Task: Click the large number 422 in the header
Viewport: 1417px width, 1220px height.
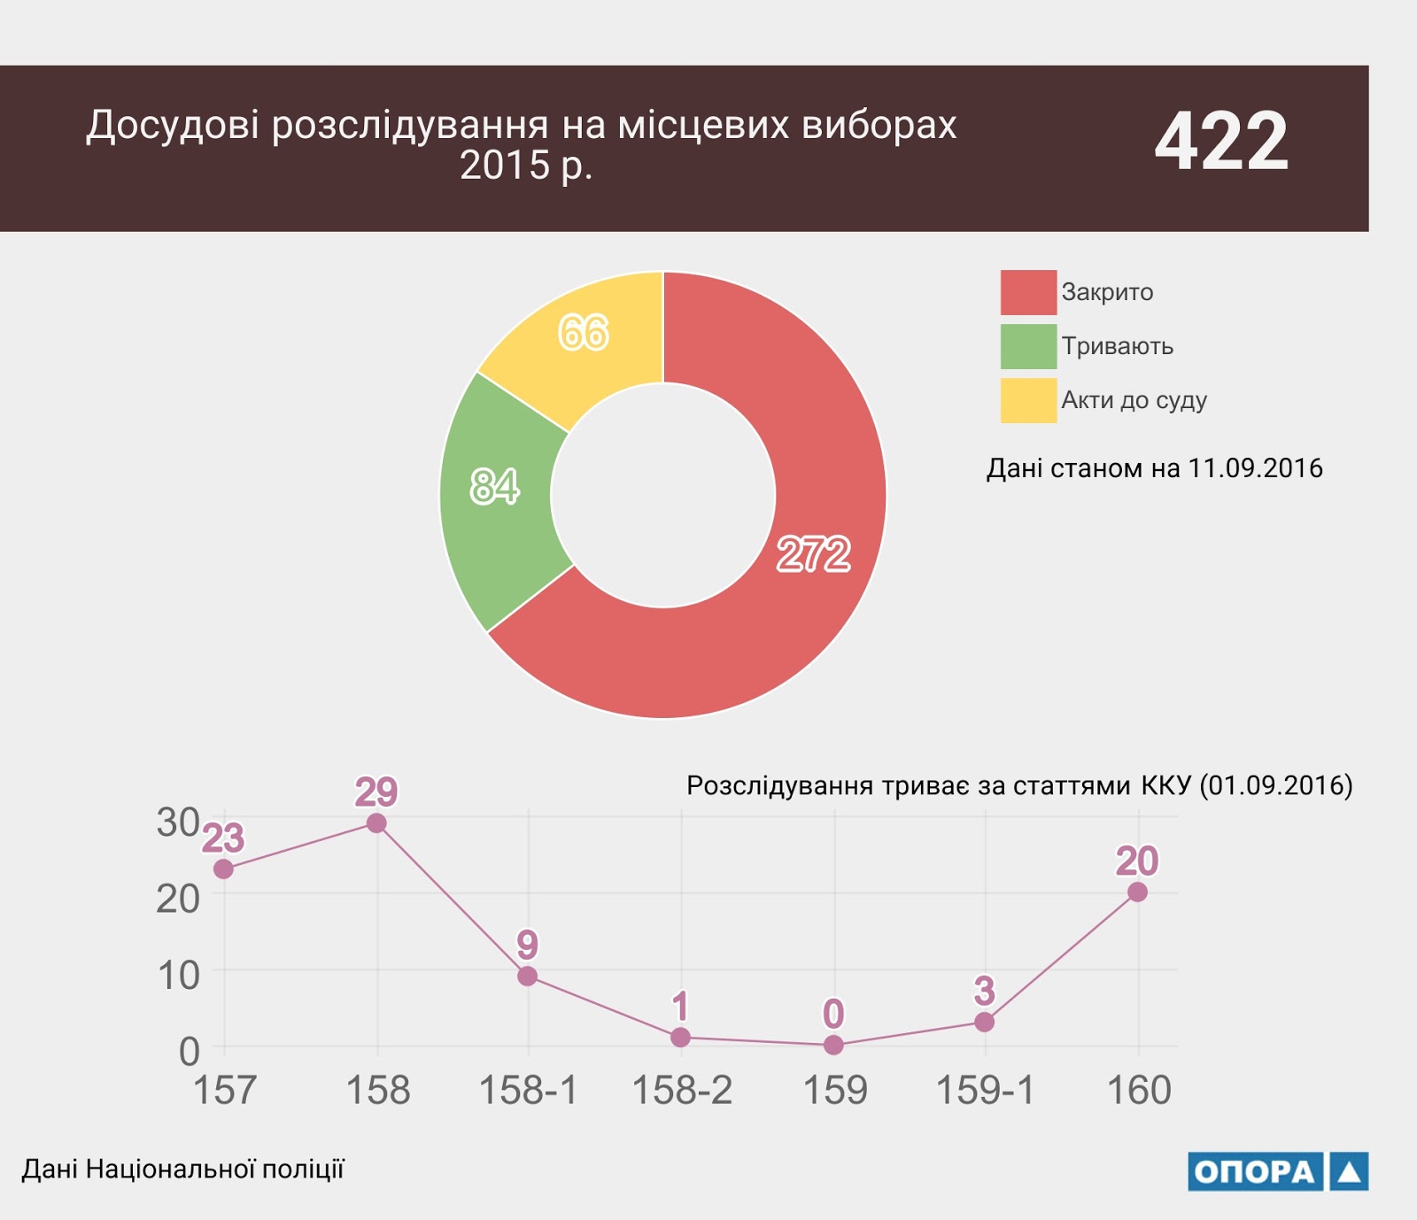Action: coord(1221,142)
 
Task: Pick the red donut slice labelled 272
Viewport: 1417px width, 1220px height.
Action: coord(797,567)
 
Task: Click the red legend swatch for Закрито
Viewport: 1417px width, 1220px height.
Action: coord(1028,292)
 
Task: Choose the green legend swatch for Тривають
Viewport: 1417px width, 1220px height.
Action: coord(1028,346)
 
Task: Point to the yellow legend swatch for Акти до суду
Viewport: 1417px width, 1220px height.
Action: coord(1028,400)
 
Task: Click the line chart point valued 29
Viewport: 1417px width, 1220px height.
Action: coord(376,823)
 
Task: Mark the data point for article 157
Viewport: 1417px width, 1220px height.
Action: coord(224,869)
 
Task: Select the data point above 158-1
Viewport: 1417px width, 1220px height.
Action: coord(528,977)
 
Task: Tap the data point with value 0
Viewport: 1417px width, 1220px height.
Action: coord(833,1045)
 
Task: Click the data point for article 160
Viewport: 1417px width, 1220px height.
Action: coord(1138,892)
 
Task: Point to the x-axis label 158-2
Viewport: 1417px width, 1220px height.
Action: coord(682,1090)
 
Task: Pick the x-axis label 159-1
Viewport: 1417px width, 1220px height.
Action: coord(985,1090)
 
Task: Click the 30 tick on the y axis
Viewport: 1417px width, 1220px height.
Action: coord(178,822)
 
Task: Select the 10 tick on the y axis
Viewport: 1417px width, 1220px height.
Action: coord(178,976)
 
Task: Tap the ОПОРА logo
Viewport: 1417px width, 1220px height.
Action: coord(1277,1171)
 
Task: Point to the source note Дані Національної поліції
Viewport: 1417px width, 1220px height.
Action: coord(182,1170)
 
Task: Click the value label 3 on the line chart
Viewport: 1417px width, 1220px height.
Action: coord(984,992)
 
